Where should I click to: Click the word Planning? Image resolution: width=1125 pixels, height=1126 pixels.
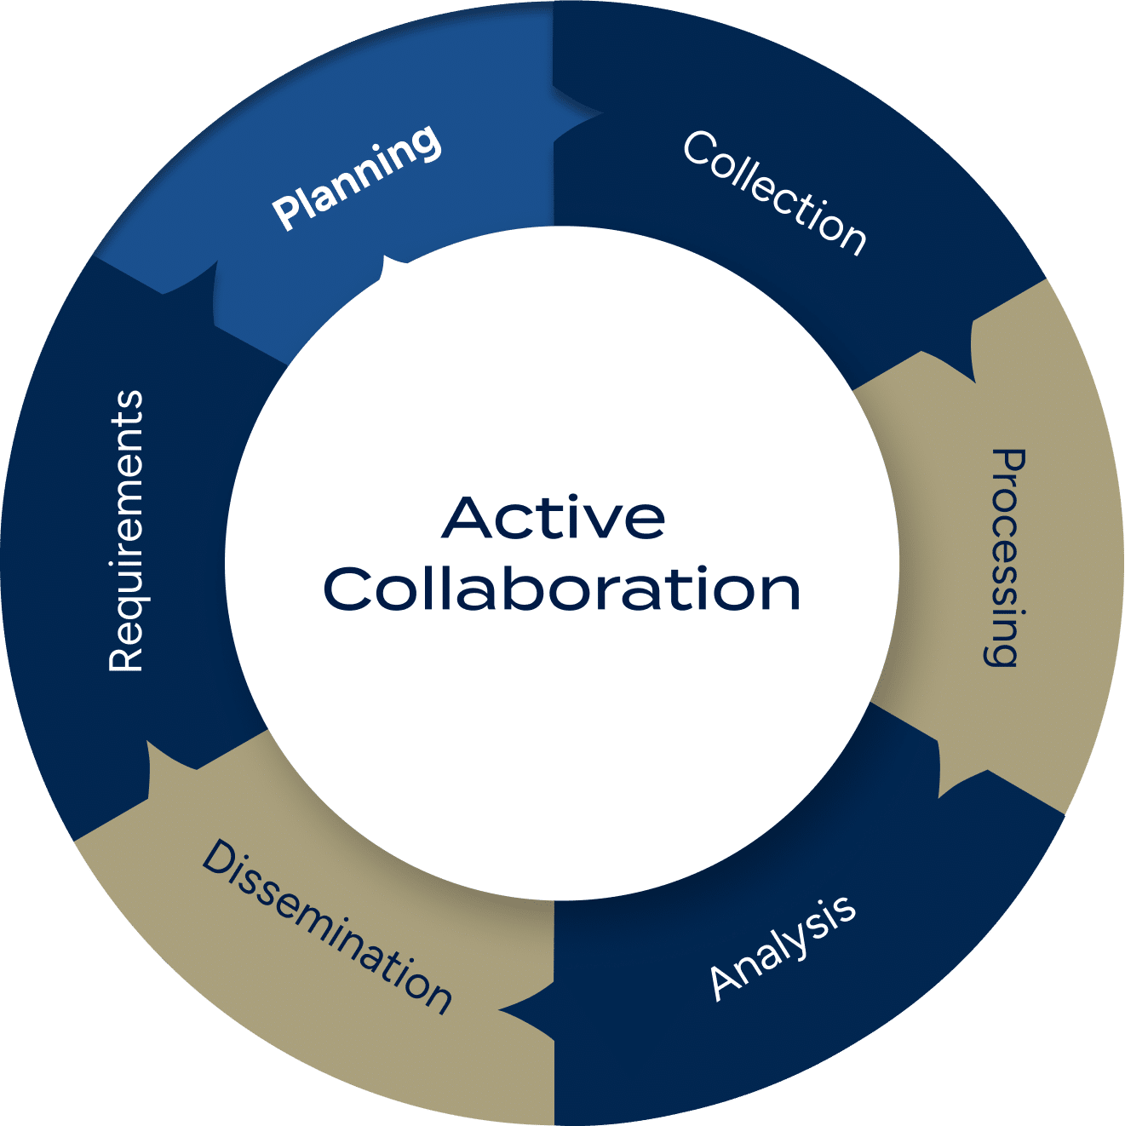click(x=357, y=178)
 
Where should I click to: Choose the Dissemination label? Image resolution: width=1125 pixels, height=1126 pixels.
click(x=326, y=927)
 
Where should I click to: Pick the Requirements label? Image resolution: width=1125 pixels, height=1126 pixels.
click(x=126, y=531)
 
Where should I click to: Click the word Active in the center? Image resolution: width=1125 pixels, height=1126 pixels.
click(x=554, y=517)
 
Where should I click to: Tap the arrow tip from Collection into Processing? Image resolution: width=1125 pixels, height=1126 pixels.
click(x=972, y=375)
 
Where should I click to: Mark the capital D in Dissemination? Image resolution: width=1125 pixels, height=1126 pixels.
click(x=216, y=856)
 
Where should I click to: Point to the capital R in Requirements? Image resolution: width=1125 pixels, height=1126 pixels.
click(x=125, y=658)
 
